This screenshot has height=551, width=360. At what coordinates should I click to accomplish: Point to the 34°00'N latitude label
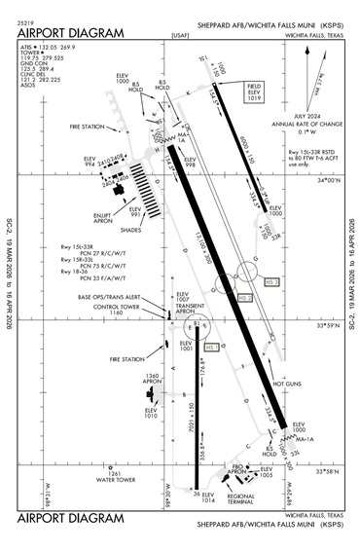[x=332, y=180]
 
